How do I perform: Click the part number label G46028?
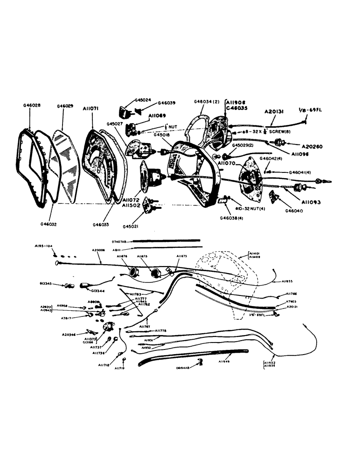click(31, 106)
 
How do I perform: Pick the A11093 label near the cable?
click(311, 203)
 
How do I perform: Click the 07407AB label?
click(120, 241)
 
